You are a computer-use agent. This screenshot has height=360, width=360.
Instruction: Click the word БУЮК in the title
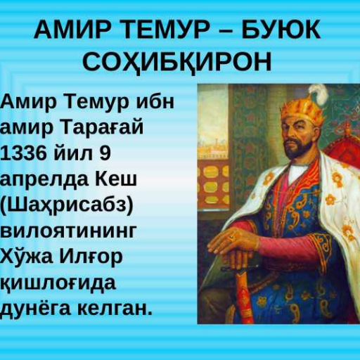point(281,30)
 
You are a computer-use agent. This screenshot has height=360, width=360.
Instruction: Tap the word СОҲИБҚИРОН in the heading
point(177,63)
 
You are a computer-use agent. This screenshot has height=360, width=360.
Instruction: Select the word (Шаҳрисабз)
point(67,206)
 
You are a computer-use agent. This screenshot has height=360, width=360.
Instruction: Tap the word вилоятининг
point(69,231)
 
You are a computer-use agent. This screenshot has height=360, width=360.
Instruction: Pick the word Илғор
point(91,257)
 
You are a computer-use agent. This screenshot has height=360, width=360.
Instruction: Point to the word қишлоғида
point(58,283)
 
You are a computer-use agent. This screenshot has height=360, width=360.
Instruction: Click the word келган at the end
point(112,309)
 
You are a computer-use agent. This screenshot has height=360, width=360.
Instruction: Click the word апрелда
point(44,180)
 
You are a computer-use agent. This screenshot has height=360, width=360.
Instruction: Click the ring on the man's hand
point(231,237)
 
